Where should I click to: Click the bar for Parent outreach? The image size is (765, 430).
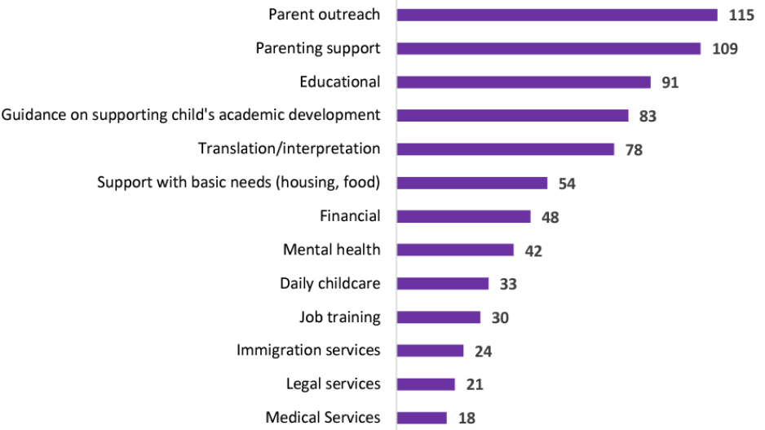coord(557,15)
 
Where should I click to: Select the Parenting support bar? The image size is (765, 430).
coord(549,48)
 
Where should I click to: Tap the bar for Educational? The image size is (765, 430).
coord(524,82)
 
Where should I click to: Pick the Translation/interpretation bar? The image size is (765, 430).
coord(506,149)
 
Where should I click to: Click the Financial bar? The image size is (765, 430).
coord(464,216)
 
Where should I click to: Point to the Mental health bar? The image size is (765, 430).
coord(456,250)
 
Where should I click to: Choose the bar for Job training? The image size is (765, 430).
coord(439,317)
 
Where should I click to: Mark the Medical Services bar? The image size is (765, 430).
coord(422,418)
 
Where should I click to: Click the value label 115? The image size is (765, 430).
coord(741,15)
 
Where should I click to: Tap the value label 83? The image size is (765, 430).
coord(648,116)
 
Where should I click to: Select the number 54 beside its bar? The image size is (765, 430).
coord(566,184)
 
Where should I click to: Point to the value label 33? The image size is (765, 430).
coord(508,284)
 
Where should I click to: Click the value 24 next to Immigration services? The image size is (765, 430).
coord(483,351)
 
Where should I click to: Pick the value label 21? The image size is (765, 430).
coord(474,384)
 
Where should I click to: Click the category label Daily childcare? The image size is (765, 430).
coord(329,283)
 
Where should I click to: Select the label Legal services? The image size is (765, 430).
coord(333,383)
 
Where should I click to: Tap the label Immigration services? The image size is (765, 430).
coord(308,350)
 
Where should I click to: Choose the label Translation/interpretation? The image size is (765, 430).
coord(289,149)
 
